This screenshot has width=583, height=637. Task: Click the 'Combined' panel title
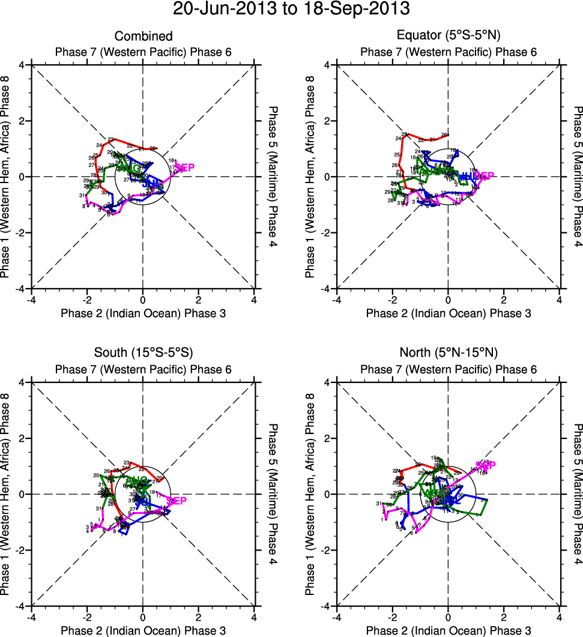tap(143, 37)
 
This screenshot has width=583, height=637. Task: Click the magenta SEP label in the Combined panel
tap(184, 168)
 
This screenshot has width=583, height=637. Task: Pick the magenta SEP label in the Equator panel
tap(483, 176)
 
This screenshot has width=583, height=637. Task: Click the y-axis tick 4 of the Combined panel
tap(23, 65)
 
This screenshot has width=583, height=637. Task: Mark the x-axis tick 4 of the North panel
tap(559, 615)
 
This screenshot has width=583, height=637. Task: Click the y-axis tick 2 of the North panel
tap(328, 438)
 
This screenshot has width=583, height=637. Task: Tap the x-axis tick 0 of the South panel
tap(143, 615)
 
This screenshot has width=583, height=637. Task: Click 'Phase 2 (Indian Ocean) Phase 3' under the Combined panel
tap(143, 313)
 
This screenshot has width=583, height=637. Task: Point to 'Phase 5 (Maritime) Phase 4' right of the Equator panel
tap(578, 177)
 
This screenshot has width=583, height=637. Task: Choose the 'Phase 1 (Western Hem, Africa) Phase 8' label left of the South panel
tap(7, 494)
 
